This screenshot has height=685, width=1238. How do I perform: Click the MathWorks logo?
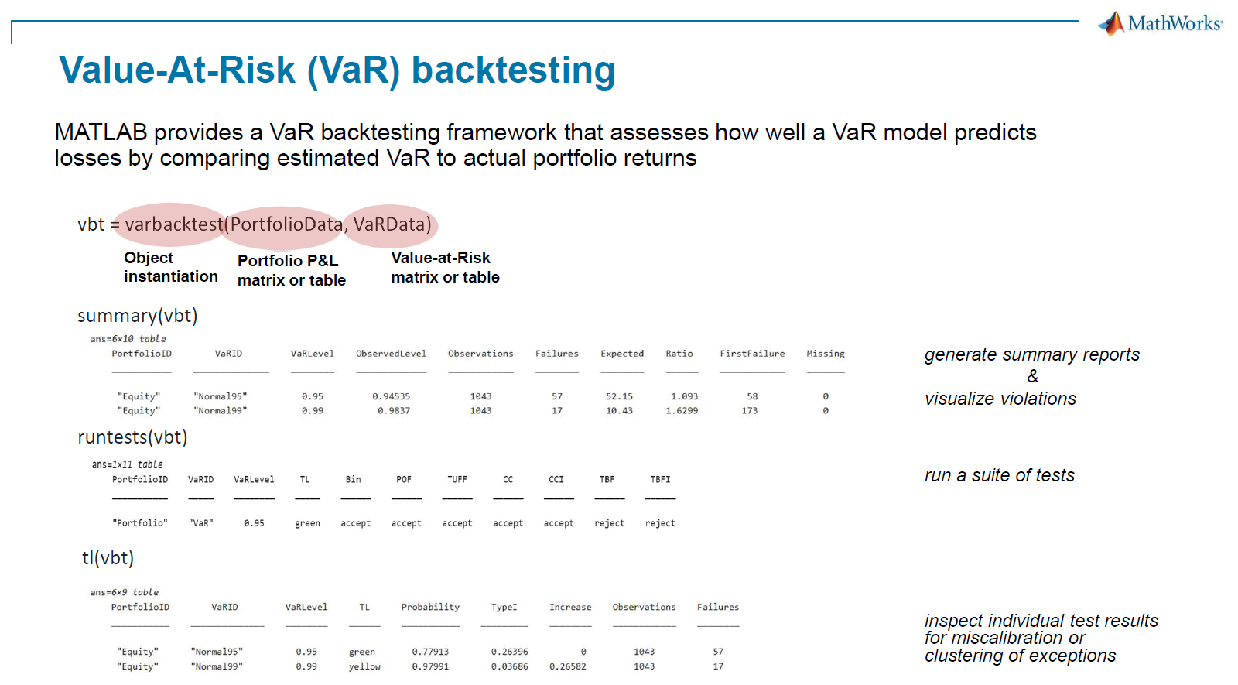[1160, 23]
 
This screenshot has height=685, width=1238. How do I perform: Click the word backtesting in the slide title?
[514, 70]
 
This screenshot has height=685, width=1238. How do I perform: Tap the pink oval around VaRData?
[392, 225]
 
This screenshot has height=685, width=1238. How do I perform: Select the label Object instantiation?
[170, 267]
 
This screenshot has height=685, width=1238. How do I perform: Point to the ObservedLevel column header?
[391, 354]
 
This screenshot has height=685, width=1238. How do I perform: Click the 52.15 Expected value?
[619, 396]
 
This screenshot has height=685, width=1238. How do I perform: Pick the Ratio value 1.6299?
[682, 411]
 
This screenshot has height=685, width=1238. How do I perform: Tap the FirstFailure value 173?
[750, 411]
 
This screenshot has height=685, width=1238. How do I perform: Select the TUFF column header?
[457, 479]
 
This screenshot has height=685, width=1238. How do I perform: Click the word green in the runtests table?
[307, 523]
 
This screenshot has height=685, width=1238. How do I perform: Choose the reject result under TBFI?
[661, 523]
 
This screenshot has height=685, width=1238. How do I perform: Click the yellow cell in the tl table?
[364, 666]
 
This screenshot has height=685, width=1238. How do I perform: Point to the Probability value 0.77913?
[430, 652]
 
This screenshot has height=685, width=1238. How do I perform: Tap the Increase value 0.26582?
[568, 666]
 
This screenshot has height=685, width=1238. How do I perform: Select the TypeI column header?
[504, 607]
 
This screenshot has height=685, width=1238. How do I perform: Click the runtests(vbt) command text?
[132, 437]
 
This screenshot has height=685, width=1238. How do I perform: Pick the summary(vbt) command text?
[137, 316]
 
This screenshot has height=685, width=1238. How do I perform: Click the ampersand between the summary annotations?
[1032, 376]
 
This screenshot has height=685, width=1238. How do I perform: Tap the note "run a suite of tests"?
[999, 475]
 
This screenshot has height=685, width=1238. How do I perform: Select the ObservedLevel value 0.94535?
[391, 396]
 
